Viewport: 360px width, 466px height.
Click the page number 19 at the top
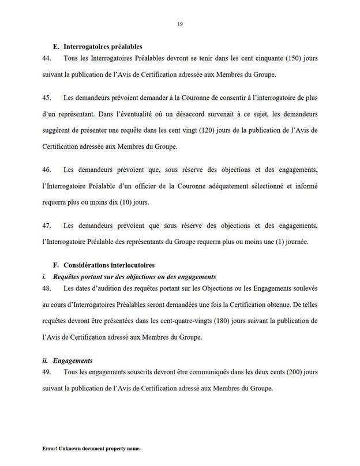click(x=180, y=23)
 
